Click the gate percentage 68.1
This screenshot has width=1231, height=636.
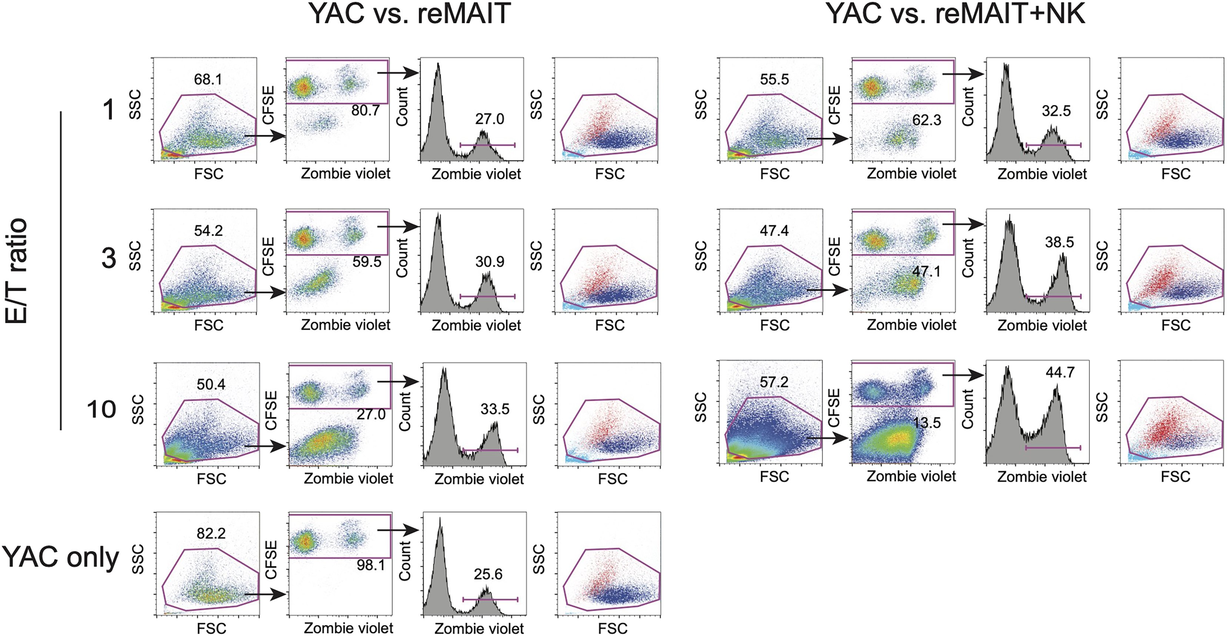pos(208,79)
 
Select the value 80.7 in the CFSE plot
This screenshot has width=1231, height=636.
pos(366,110)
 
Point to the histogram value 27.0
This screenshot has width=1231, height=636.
pos(489,119)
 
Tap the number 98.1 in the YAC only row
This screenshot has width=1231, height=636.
pos(371,565)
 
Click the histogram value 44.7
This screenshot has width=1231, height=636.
pos(1060,372)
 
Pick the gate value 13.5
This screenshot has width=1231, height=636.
pos(927,423)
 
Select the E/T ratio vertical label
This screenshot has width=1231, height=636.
pos(17,271)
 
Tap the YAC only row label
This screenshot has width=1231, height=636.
pos(60,557)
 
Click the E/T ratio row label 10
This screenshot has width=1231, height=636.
pos(101,409)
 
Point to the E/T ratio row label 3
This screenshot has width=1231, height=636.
pos(109,258)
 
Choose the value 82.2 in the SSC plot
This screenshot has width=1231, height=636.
pos(211,533)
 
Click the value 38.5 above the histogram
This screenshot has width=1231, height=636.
pos(1059,242)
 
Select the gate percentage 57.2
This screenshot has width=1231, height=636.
pos(774,382)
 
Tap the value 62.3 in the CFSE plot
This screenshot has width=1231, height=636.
pos(927,120)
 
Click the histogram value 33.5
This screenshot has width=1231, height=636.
pos(495,409)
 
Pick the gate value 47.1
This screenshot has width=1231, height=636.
pos(926,272)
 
